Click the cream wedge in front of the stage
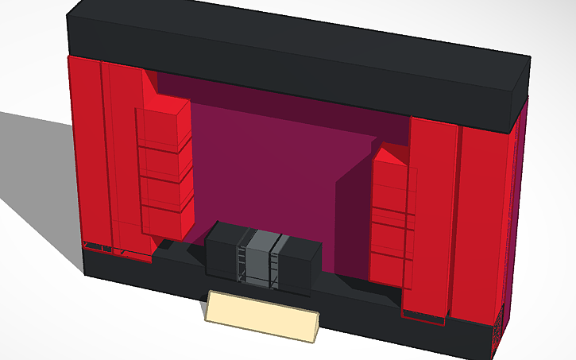(x=262, y=317)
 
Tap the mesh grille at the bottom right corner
(x=497, y=334)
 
